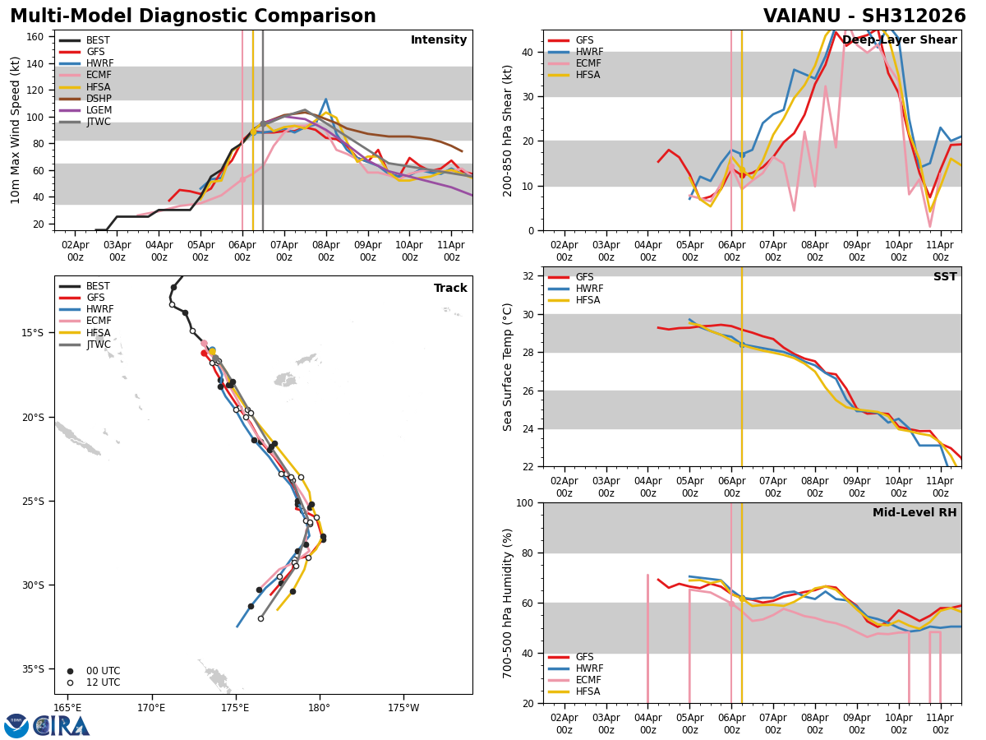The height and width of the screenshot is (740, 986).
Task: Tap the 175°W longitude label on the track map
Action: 403,707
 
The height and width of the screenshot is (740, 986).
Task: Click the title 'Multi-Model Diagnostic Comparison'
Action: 193,16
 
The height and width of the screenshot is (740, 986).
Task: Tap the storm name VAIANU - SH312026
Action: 864,16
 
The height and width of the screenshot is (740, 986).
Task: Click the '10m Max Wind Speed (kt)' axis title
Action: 16,130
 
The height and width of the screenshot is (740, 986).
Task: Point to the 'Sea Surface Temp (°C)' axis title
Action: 509,367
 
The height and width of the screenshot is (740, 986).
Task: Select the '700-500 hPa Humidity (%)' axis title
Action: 509,603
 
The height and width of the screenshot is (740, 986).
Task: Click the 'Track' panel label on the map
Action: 450,289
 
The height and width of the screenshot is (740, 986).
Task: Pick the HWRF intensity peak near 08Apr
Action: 325,99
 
